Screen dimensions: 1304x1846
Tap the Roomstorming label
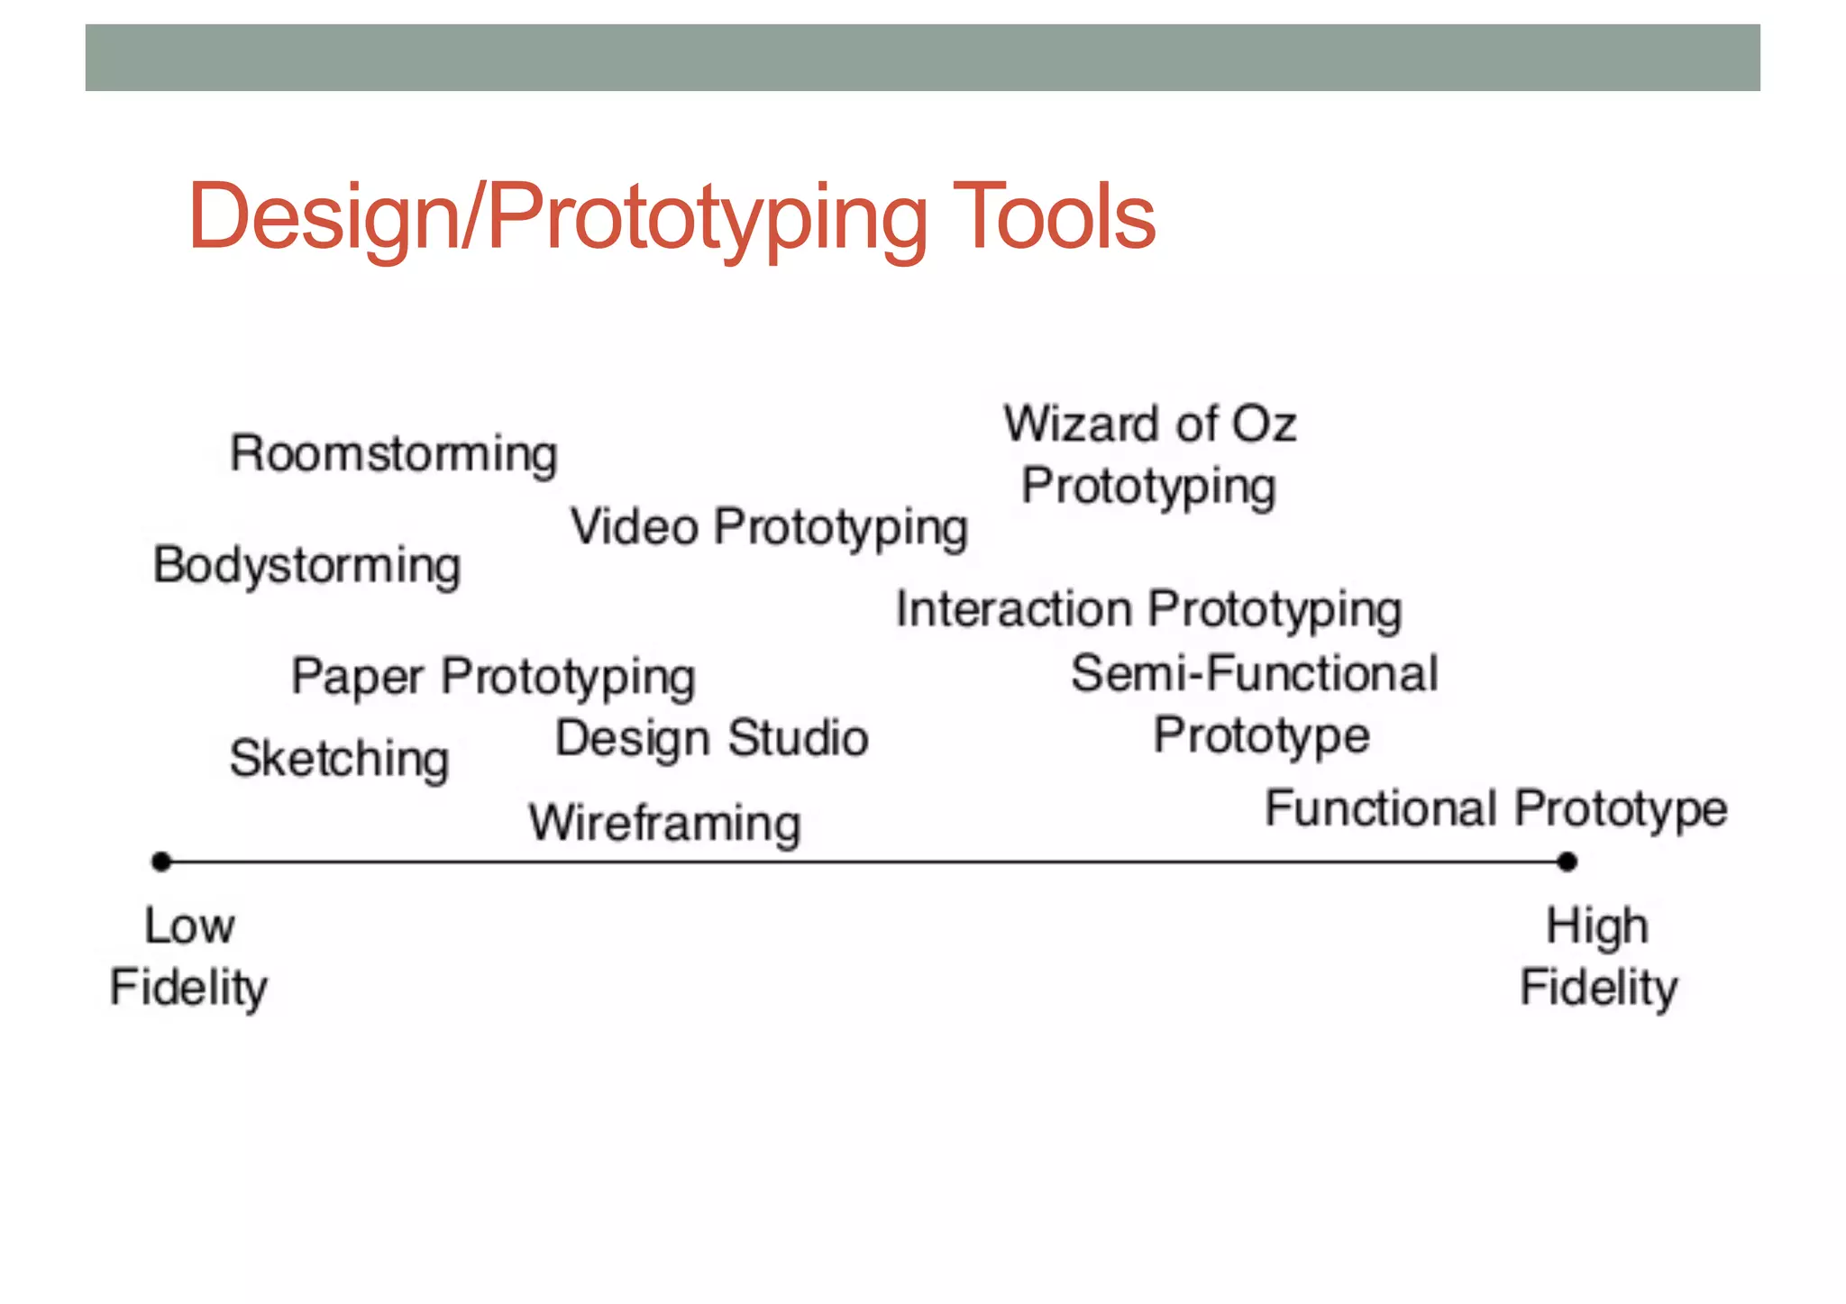pyautogui.click(x=394, y=454)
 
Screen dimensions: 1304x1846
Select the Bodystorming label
pyautogui.click(x=306, y=566)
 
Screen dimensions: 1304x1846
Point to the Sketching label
pyautogui.click(x=339, y=759)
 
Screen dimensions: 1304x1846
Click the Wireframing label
pyautogui.click(x=664, y=824)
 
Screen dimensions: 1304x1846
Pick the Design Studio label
pyautogui.click(x=711, y=739)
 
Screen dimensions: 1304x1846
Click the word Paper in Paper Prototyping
pyautogui.click(x=357, y=677)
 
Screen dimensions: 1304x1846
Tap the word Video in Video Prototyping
pyautogui.click(x=634, y=526)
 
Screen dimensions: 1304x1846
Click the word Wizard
pyautogui.click(x=1082, y=424)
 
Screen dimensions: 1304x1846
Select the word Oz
pyautogui.click(x=1264, y=424)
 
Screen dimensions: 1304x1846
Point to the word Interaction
pyautogui.click(x=1013, y=609)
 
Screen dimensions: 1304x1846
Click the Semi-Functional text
pyautogui.click(x=1254, y=674)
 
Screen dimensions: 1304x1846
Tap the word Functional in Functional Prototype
pyautogui.click(x=1380, y=808)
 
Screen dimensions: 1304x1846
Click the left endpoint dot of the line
pyautogui.click(x=161, y=862)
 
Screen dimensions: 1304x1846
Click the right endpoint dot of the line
pyautogui.click(x=1567, y=862)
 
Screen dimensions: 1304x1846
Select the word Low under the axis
pyautogui.click(x=189, y=926)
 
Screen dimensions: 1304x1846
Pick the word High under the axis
pyautogui.click(x=1597, y=926)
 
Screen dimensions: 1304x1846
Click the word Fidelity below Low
pyautogui.click(x=188, y=988)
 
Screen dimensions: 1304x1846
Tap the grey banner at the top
pyautogui.click(x=922, y=58)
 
